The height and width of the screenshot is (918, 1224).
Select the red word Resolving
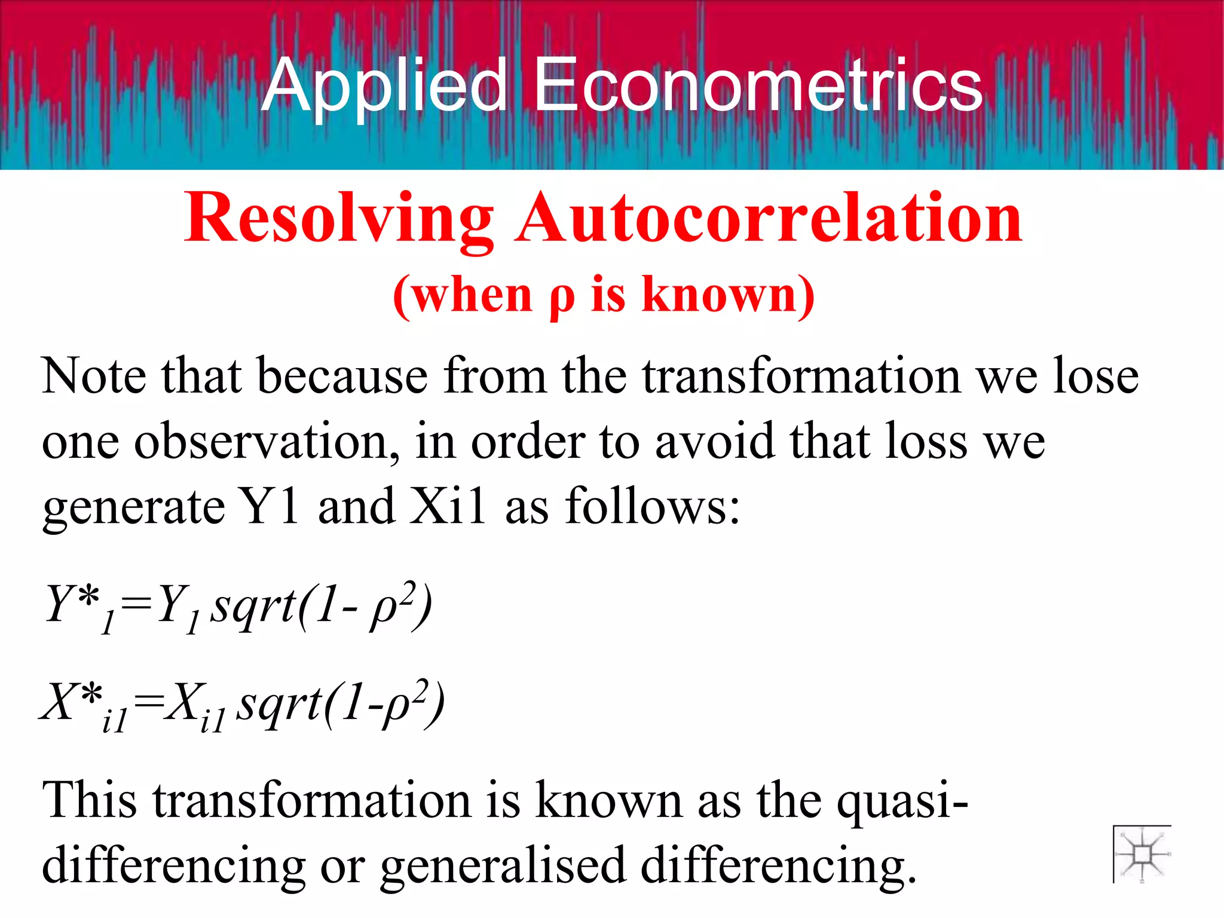[x=339, y=219]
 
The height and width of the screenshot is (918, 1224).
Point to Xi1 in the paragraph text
[x=447, y=506]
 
